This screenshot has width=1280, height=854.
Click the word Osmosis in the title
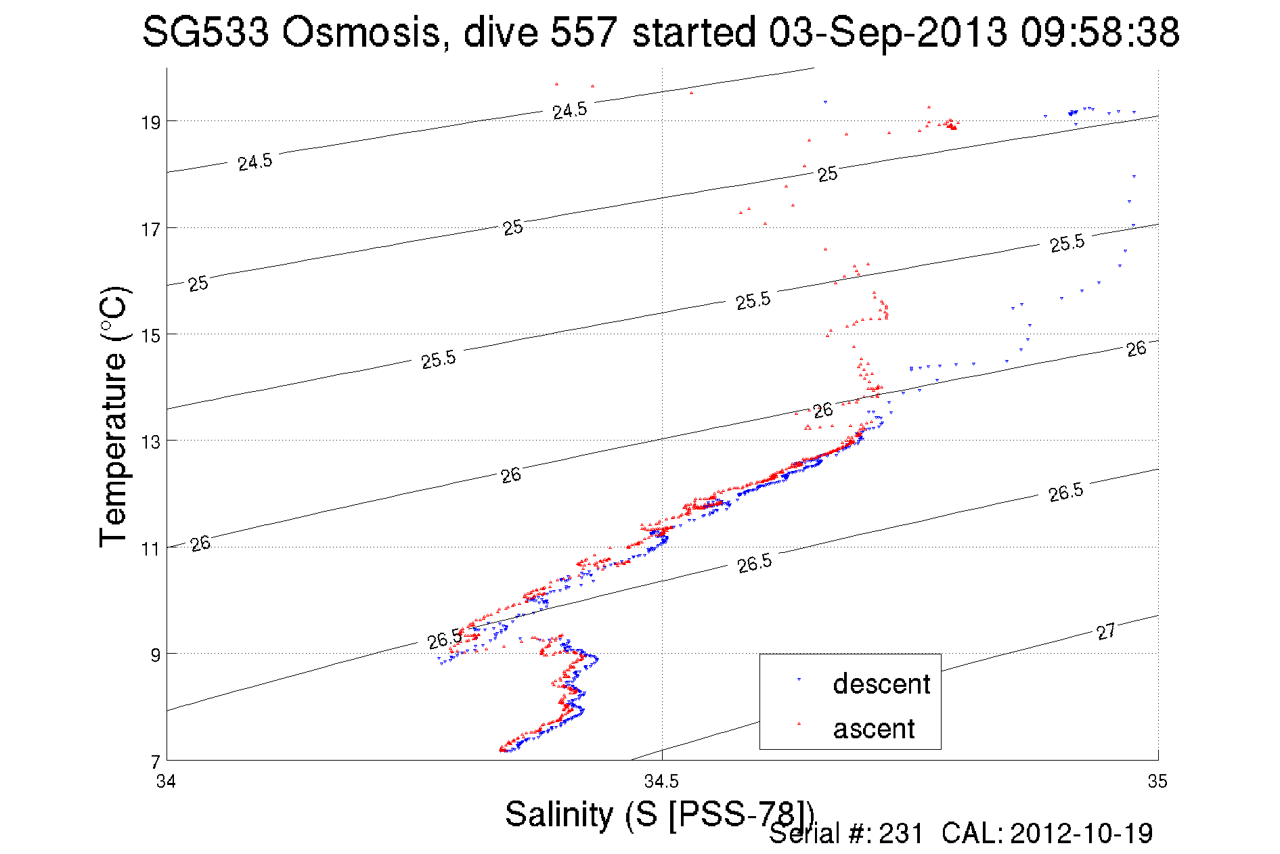click(361, 32)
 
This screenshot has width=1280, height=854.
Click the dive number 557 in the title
click(583, 32)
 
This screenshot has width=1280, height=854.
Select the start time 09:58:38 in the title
click(1100, 32)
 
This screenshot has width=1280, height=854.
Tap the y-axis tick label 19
click(150, 122)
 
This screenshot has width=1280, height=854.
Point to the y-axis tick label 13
click(150, 442)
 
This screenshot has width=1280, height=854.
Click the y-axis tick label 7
click(156, 762)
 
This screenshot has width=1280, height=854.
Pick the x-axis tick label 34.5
click(661, 782)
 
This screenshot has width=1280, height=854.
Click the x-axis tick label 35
click(1157, 782)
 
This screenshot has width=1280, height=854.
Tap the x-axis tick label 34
click(166, 782)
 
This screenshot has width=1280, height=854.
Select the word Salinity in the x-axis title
click(559, 814)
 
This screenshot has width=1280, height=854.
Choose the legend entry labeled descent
click(881, 684)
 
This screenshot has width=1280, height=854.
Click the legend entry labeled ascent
click(873, 729)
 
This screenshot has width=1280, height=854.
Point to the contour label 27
click(1105, 632)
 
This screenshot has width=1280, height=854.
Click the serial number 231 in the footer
click(901, 834)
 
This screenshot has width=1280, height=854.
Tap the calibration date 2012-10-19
click(1081, 834)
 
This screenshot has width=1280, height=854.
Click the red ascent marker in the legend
click(799, 724)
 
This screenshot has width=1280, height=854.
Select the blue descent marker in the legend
click(799, 679)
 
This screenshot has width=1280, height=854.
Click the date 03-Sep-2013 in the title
click(887, 32)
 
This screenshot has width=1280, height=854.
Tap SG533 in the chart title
click(205, 32)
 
